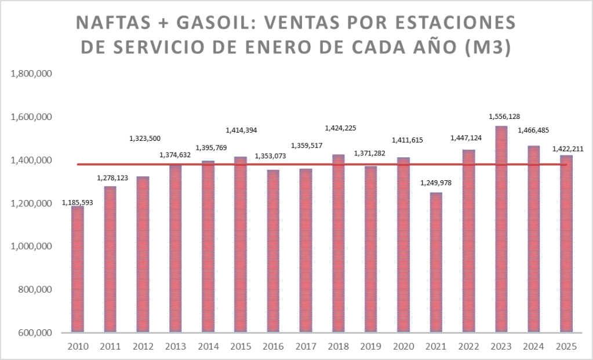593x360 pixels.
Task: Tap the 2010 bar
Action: pyautogui.click(x=78, y=269)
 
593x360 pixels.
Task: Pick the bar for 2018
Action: pyautogui.click(x=338, y=243)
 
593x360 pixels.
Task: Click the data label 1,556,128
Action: pyautogui.click(x=503, y=117)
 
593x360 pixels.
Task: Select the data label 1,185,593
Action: pyautogui.click(x=78, y=203)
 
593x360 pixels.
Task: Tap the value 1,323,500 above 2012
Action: pyautogui.click(x=144, y=139)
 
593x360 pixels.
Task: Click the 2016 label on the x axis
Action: pyautogui.click(x=273, y=347)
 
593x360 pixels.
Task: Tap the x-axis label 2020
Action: pyautogui.click(x=403, y=347)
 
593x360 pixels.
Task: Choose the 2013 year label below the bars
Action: pyautogui.click(x=175, y=347)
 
